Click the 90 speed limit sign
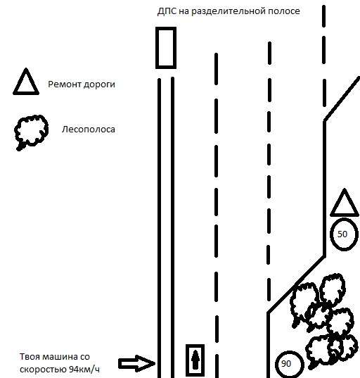(x=276, y=364)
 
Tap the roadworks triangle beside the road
(x=345, y=214)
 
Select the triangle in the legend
(x=26, y=93)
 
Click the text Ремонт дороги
(x=82, y=84)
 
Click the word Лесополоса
(x=88, y=130)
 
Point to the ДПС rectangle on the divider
(x=157, y=48)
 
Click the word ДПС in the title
(x=167, y=11)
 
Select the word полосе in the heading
(x=284, y=11)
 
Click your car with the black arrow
(x=195, y=360)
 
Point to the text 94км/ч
(x=84, y=370)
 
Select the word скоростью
(x=44, y=370)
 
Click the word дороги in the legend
(x=99, y=85)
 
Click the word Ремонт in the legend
(x=65, y=84)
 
